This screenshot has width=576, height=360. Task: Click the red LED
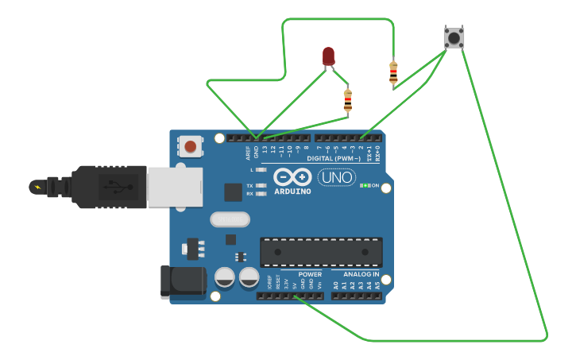pyautogui.click(x=328, y=56)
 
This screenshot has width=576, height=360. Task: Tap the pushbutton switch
pyautogui.click(x=454, y=37)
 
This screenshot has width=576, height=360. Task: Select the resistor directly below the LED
pyautogui.click(x=347, y=101)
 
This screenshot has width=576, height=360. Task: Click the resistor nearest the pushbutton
pyautogui.click(x=393, y=72)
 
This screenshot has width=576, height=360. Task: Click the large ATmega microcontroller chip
pyautogui.click(x=321, y=252)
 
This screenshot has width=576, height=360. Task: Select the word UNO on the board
pyautogui.click(x=337, y=177)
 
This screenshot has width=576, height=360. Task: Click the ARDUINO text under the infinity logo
pyautogui.click(x=292, y=192)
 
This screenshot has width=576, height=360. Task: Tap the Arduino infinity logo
pyautogui.click(x=292, y=176)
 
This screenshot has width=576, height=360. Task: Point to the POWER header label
pyautogui.click(x=310, y=274)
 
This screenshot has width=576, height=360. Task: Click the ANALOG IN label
pyautogui.click(x=361, y=274)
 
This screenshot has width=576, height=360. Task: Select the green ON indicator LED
pyautogui.click(x=364, y=185)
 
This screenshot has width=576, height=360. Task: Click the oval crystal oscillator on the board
pyautogui.click(x=230, y=219)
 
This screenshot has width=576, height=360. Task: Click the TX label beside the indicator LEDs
pyautogui.click(x=249, y=185)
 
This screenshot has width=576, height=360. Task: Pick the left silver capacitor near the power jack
pyautogui.click(x=225, y=277)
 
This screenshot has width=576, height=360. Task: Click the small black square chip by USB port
pyautogui.click(x=233, y=192)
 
